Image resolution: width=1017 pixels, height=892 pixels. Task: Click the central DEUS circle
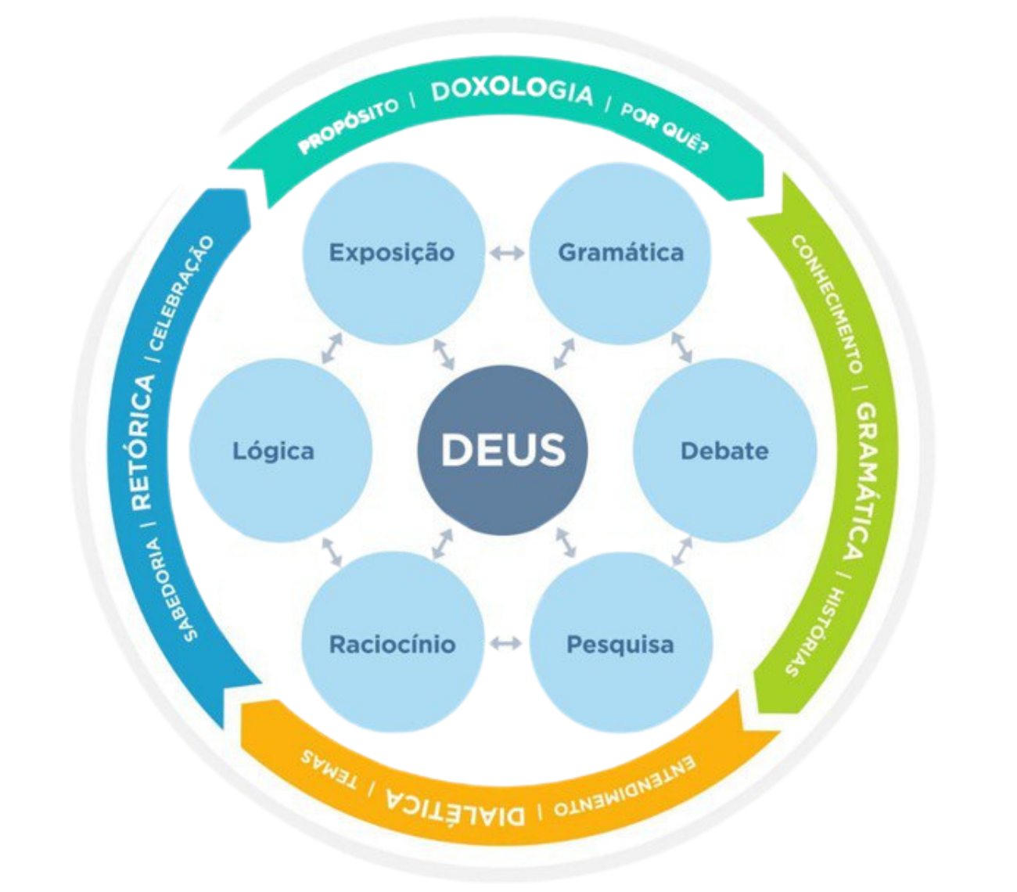(x=502, y=449)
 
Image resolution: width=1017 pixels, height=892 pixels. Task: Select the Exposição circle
(x=392, y=252)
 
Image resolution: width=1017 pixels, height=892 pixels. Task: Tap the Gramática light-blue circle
(x=620, y=252)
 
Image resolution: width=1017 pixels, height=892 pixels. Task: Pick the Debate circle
(x=724, y=450)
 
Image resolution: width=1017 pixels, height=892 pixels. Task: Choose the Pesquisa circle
(x=620, y=644)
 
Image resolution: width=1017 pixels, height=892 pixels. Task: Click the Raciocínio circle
(x=392, y=644)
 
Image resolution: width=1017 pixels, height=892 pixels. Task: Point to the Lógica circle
(x=274, y=450)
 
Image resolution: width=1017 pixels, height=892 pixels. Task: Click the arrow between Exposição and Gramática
(x=506, y=253)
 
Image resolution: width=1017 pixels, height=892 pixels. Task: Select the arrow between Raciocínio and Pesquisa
(x=506, y=644)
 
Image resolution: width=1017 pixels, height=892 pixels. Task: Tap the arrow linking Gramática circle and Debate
(x=681, y=347)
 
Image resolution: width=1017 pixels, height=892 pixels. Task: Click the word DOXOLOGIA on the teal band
(x=512, y=91)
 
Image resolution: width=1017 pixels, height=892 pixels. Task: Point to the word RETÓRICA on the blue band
(x=140, y=442)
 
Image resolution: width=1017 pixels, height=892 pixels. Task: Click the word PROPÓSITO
(x=348, y=125)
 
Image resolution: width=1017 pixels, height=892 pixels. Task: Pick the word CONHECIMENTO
(x=828, y=304)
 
